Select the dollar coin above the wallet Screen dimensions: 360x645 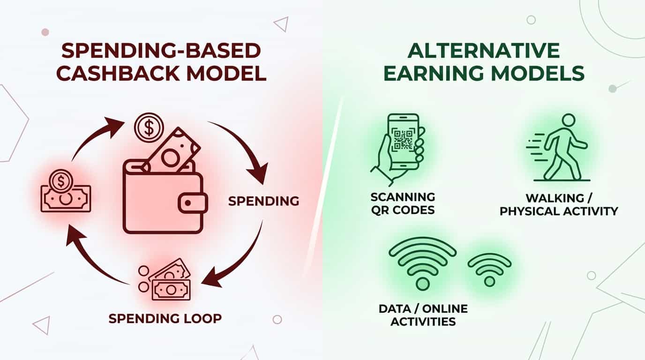[x=149, y=127]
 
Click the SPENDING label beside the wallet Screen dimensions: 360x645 [x=263, y=201]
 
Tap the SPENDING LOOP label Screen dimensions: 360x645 [x=165, y=319]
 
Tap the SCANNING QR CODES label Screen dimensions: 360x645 [x=403, y=202]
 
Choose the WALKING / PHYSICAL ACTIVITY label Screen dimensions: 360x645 [x=559, y=204]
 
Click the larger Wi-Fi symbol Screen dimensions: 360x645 [x=422, y=262]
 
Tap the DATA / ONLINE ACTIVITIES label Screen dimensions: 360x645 [x=423, y=315]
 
